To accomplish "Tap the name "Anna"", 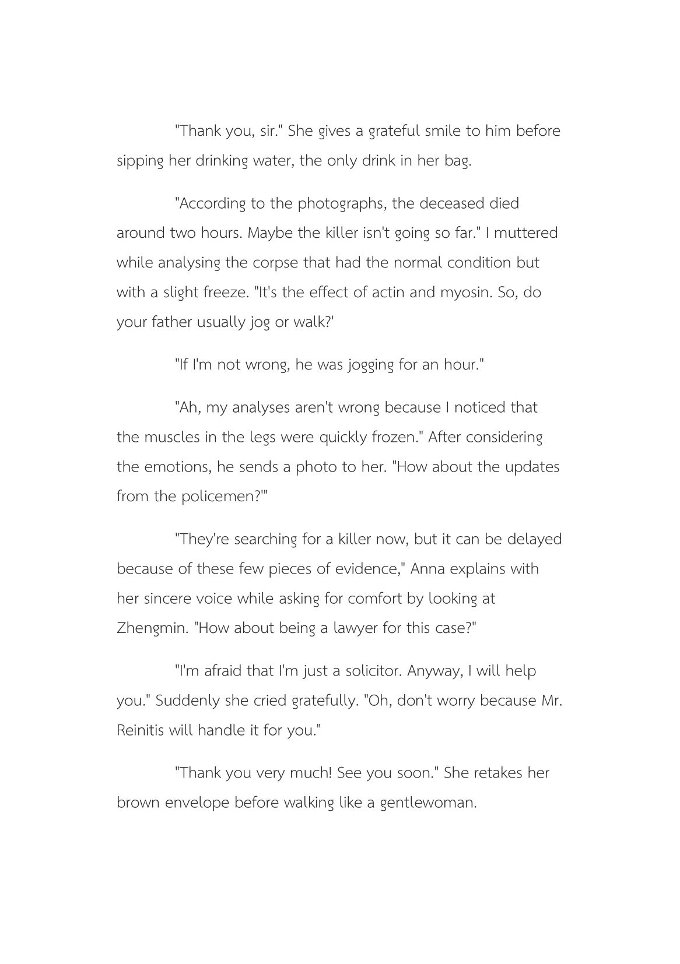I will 427,569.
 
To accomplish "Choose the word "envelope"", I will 197,803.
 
